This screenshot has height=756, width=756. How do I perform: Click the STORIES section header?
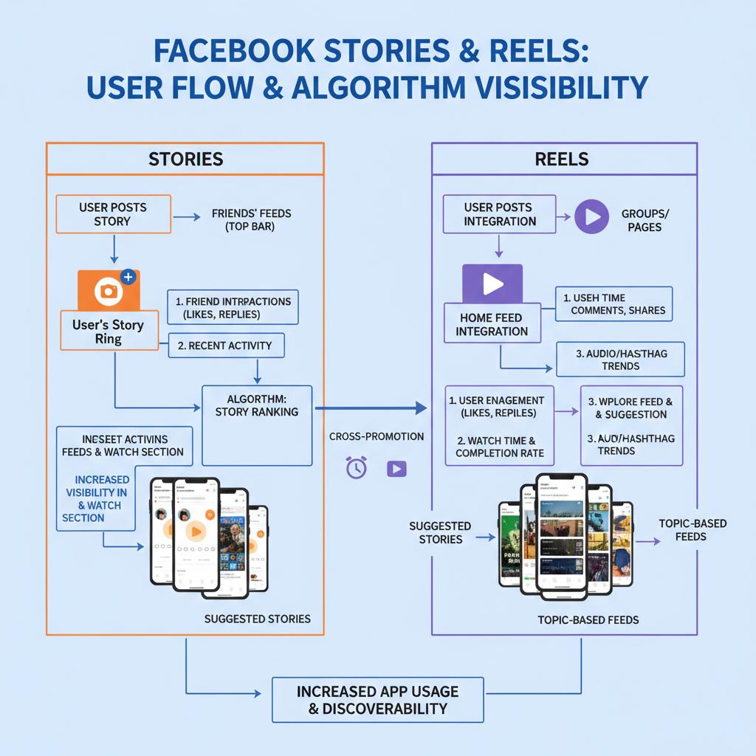[185, 159]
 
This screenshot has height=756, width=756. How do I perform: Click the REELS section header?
[563, 159]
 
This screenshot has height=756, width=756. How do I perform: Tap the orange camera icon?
[109, 290]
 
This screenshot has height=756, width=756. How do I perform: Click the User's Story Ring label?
[108, 331]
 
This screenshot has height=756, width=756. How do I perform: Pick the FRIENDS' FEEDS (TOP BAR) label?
[251, 220]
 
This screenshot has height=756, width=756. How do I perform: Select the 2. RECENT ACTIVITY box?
[225, 346]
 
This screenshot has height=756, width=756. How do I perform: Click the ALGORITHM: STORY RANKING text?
[256, 405]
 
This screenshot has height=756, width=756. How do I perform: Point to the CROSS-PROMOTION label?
[377, 436]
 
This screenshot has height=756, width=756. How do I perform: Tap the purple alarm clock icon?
[356, 468]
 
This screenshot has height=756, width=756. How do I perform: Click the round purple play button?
[591, 217]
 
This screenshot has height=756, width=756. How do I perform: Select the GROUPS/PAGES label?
[645, 220]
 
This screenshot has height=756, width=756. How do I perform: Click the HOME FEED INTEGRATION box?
[491, 324]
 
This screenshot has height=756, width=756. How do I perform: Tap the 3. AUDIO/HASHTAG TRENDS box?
[620, 360]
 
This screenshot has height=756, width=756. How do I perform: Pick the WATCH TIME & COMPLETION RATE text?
[499, 447]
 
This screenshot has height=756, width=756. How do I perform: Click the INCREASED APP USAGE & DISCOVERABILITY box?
[377, 700]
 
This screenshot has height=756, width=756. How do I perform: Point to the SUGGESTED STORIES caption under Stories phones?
[257, 619]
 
